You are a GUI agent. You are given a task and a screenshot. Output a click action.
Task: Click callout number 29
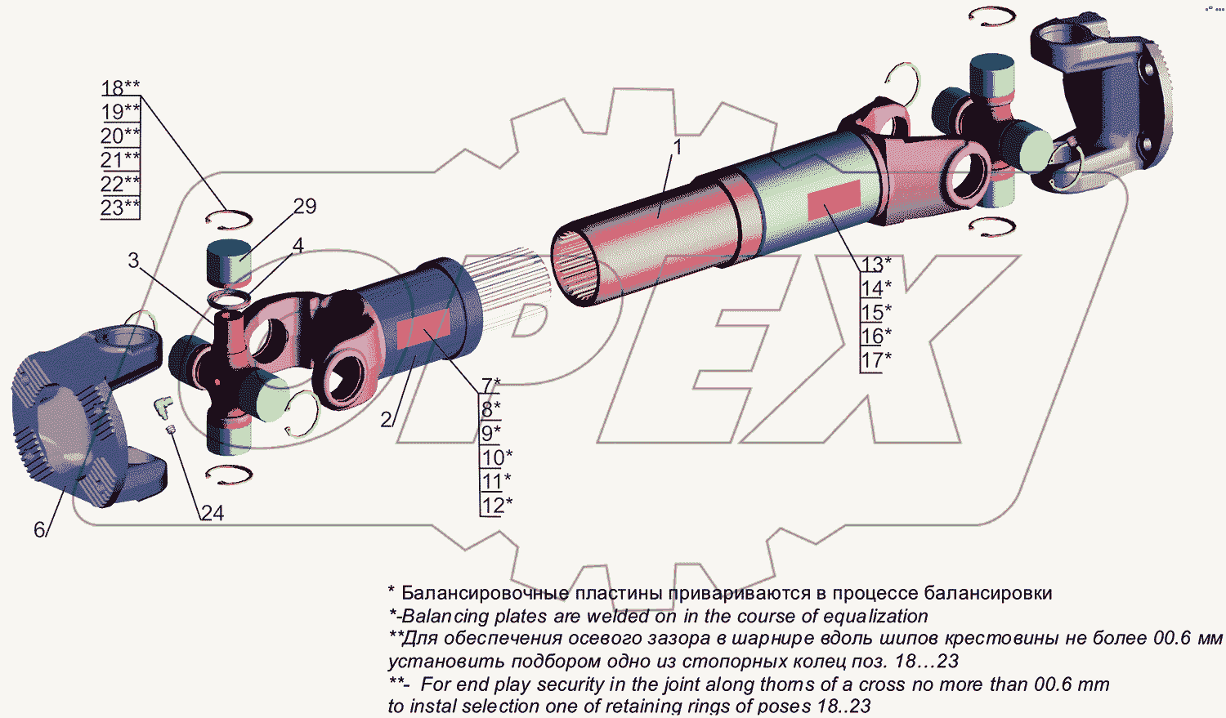point(304,207)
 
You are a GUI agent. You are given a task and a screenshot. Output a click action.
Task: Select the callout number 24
point(212,513)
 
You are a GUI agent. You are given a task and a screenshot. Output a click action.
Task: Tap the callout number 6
point(38,530)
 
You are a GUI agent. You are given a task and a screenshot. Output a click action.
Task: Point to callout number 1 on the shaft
point(677,147)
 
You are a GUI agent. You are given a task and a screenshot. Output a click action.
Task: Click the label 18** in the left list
point(120,87)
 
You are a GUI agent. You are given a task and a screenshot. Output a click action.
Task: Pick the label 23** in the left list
point(120,207)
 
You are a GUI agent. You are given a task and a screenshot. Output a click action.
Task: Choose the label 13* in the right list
point(875,265)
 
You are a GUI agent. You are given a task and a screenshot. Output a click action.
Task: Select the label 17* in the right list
point(875,360)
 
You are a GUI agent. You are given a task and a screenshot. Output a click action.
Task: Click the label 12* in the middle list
point(496,505)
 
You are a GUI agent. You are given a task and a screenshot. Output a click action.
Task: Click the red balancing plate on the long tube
point(834,200)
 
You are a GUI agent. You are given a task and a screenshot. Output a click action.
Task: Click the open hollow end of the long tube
point(583,265)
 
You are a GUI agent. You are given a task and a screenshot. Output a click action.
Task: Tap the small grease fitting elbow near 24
point(163,406)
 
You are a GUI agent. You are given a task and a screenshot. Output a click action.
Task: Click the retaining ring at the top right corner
point(991,16)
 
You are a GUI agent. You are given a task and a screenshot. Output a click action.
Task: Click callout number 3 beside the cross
point(133,261)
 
